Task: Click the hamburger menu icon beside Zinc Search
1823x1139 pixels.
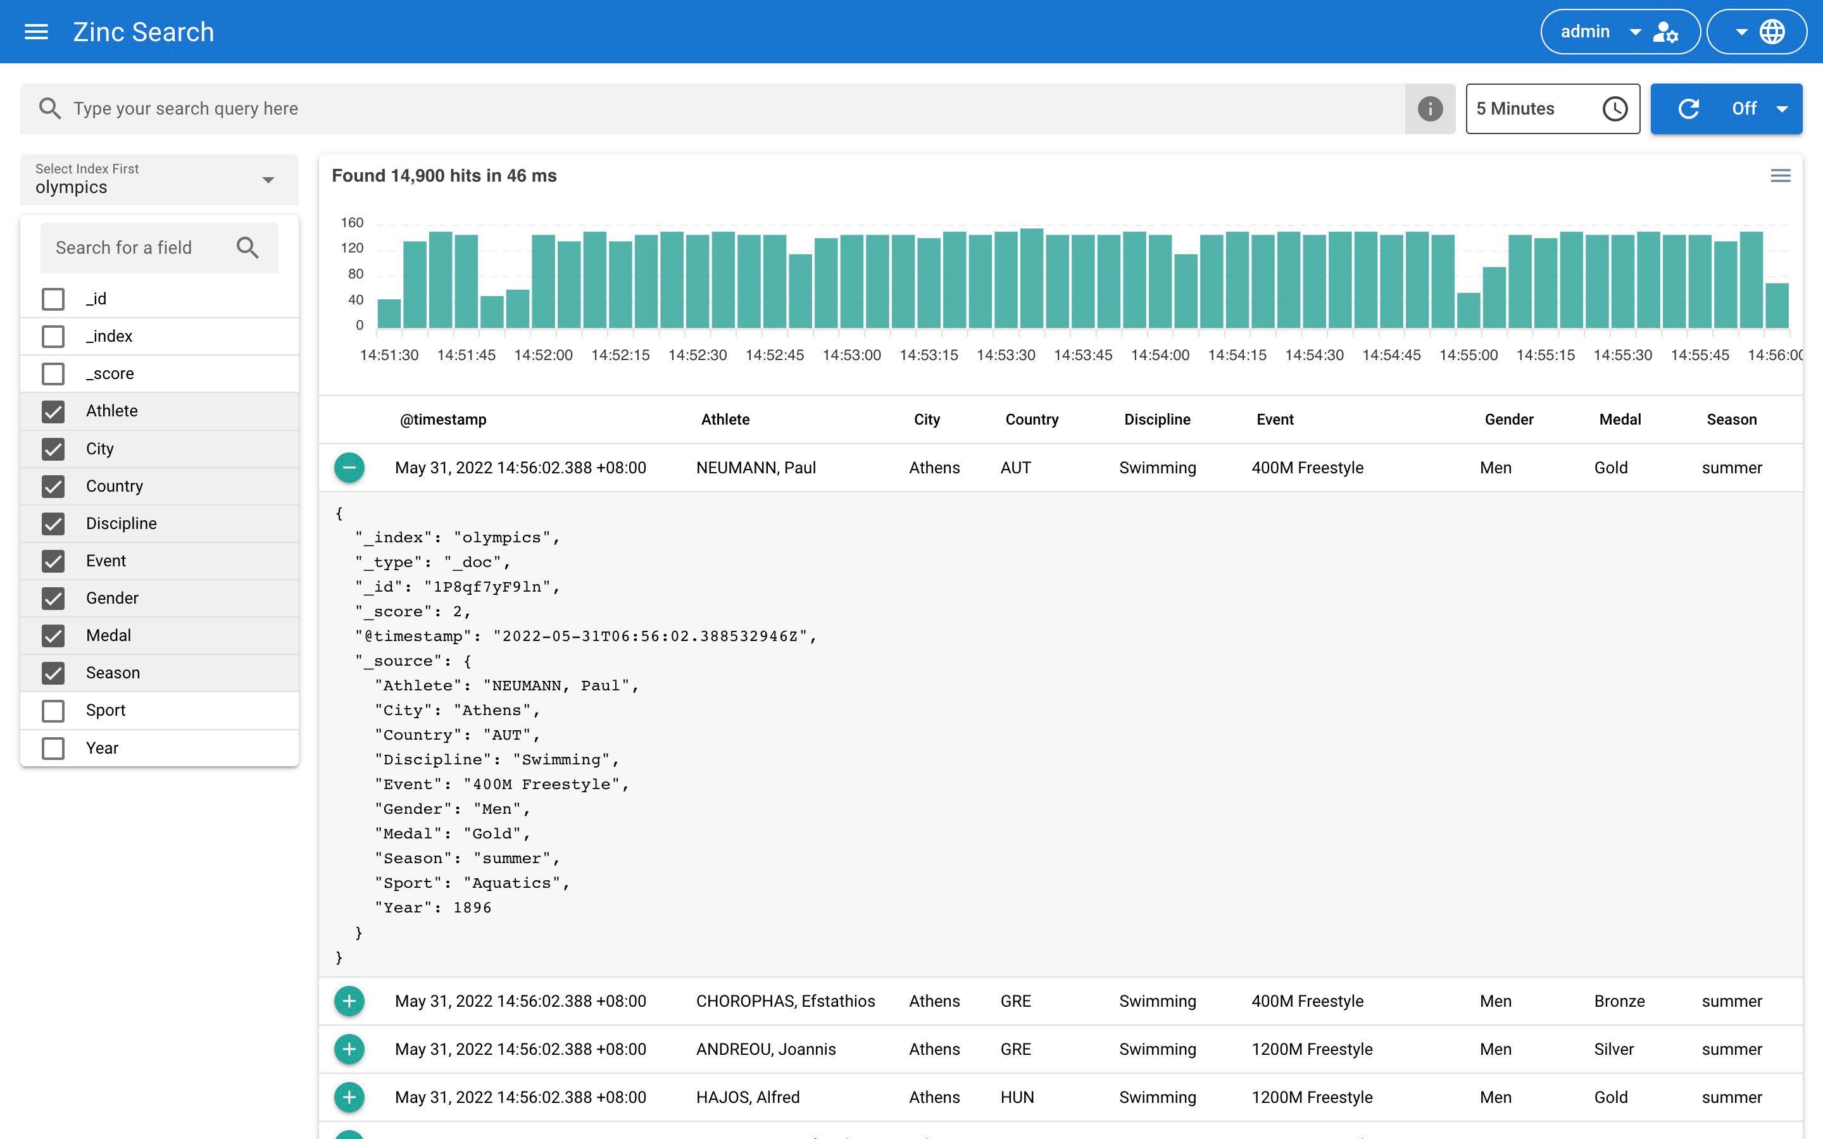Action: coord(36,32)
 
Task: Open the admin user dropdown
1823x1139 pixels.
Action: coord(1620,32)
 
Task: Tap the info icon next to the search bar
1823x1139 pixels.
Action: coord(1430,108)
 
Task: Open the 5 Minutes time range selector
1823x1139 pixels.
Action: coord(1552,108)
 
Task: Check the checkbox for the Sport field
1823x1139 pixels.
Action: coord(53,711)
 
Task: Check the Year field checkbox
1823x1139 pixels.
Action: coord(53,748)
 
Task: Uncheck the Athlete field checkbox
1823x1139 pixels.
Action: coord(53,411)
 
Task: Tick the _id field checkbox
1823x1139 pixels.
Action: coord(53,299)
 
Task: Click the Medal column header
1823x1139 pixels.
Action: coord(1620,420)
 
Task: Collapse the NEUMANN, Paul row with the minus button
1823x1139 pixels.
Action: coord(349,468)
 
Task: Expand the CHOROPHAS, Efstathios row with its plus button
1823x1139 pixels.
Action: coord(349,1001)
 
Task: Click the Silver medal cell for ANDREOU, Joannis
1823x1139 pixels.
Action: coord(1613,1049)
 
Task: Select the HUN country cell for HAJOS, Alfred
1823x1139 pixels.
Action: coord(1017,1098)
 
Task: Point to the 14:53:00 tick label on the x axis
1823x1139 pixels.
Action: coord(851,355)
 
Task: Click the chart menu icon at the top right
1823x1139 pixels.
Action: coord(1780,175)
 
